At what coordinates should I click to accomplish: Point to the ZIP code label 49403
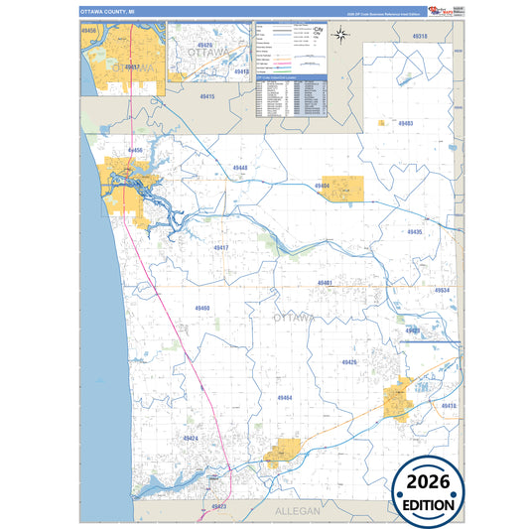click(x=405, y=124)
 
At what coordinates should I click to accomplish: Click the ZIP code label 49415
click(x=206, y=96)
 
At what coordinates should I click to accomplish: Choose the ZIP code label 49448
click(x=240, y=168)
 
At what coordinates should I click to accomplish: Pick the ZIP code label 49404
click(x=322, y=186)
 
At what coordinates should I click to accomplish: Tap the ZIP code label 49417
click(x=220, y=247)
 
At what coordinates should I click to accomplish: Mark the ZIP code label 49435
click(x=414, y=231)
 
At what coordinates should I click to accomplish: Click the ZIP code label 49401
click(x=325, y=283)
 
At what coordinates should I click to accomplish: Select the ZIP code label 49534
click(x=442, y=291)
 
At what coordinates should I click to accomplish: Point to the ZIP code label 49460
click(x=201, y=309)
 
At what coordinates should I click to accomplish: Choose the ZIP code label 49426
click(x=348, y=363)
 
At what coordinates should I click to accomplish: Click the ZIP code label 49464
click(x=285, y=398)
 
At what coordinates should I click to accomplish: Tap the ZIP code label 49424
click(x=191, y=438)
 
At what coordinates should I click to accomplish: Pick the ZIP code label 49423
click(x=219, y=506)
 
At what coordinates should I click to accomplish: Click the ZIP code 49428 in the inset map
click(x=204, y=45)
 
